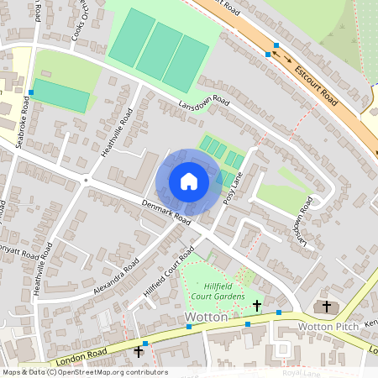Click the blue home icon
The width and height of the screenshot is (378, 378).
[189, 181]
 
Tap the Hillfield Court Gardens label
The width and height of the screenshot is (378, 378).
[218, 291]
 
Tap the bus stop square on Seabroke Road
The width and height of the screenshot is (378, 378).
[31, 92]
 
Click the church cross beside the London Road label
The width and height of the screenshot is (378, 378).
[139, 351]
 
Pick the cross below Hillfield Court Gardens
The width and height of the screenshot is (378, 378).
[256, 303]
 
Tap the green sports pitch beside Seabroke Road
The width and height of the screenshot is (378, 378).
[60, 96]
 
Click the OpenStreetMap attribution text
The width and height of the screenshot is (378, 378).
[84, 371]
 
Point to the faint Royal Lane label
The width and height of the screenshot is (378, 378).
[302, 371]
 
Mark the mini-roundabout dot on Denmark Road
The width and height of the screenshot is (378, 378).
[86, 179]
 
